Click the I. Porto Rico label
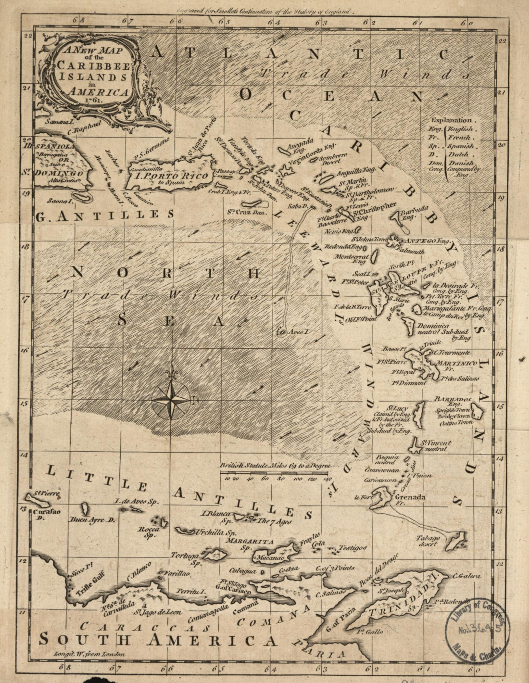coord(172,176)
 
